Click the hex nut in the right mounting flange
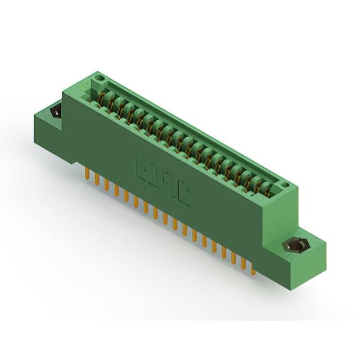295,246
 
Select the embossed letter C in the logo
184,193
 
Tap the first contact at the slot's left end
102,100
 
